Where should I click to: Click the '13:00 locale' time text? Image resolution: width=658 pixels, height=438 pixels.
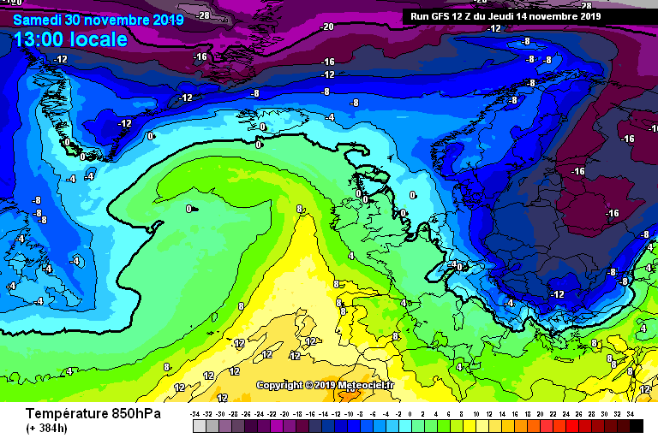tap(71, 39)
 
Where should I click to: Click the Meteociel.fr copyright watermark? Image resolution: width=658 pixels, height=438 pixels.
tap(326, 385)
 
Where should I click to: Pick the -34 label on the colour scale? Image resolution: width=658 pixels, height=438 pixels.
tap(198, 413)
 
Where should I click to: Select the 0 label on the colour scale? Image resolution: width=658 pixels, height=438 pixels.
tap(410, 413)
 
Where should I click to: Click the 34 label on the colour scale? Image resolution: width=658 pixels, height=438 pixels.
tap(630, 413)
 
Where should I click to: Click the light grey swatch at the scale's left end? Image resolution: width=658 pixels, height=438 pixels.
tap(199, 425)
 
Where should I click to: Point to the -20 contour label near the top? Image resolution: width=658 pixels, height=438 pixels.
tap(326, 27)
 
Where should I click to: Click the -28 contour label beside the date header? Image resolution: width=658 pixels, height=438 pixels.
tap(203, 15)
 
